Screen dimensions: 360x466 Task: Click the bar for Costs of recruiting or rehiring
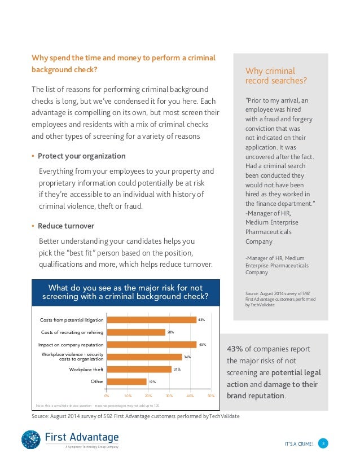[x=136, y=332]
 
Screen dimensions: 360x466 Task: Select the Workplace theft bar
[x=139, y=370]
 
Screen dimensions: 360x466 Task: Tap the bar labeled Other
[x=126, y=381]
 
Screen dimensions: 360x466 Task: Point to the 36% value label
[x=187, y=357]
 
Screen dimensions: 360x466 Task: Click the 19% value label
[x=152, y=381]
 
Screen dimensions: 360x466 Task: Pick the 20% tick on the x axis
[x=148, y=396]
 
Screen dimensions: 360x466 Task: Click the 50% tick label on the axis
[x=211, y=396]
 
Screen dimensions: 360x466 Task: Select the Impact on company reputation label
[x=71, y=345]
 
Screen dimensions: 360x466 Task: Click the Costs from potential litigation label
[x=72, y=320]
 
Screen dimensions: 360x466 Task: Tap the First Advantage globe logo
[x=31, y=439]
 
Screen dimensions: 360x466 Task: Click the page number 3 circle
[x=323, y=443]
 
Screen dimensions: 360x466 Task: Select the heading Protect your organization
[x=81, y=156]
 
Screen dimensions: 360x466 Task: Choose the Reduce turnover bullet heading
[x=66, y=226]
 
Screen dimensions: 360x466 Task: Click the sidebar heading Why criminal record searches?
[x=276, y=76]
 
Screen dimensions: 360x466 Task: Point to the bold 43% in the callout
[x=235, y=349]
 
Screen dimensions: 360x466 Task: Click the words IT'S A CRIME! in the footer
[x=299, y=444]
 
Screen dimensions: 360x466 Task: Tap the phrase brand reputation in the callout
[x=256, y=396]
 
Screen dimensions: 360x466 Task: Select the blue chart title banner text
[x=125, y=292]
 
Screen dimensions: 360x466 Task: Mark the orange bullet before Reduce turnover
[x=33, y=226]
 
